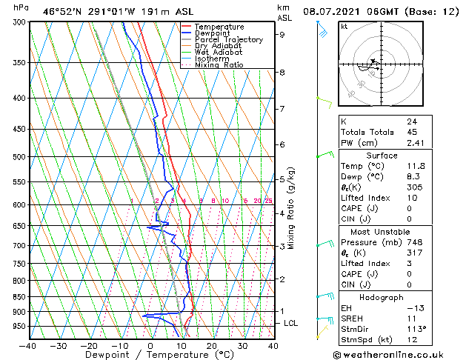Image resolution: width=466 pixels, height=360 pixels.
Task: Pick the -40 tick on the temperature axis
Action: (x=28, y=345)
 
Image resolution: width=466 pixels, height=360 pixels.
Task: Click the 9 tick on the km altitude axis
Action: (x=282, y=34)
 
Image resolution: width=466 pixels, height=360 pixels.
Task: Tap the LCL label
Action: (x=291, y=324)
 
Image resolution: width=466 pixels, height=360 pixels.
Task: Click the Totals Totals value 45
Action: (x=412, y=133)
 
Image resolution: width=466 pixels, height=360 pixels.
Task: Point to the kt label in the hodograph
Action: (x=344, y=26)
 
